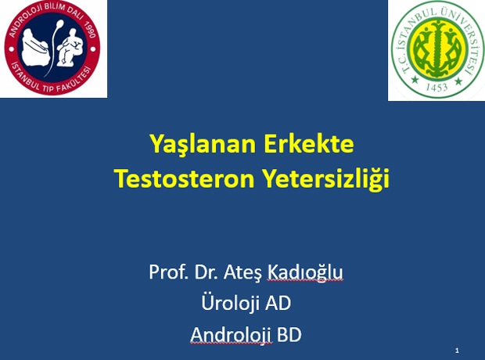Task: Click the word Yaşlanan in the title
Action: point(203,145)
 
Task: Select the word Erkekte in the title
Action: point(309,144)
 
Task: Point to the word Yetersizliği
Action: point(326,179)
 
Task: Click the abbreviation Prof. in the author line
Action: point(168,272)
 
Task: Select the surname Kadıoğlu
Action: point(305,272)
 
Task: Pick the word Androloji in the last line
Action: point(231,335)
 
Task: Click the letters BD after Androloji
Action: point(289,335)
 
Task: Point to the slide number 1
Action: point(457,351)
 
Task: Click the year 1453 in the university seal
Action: point(436,86)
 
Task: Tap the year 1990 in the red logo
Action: point(90,30)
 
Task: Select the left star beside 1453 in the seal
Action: point(415,80)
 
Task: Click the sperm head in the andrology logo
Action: point(60,23)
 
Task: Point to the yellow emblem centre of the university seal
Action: point(436,49)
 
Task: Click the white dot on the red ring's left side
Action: point(12,49)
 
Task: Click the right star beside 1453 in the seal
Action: point(458,81)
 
